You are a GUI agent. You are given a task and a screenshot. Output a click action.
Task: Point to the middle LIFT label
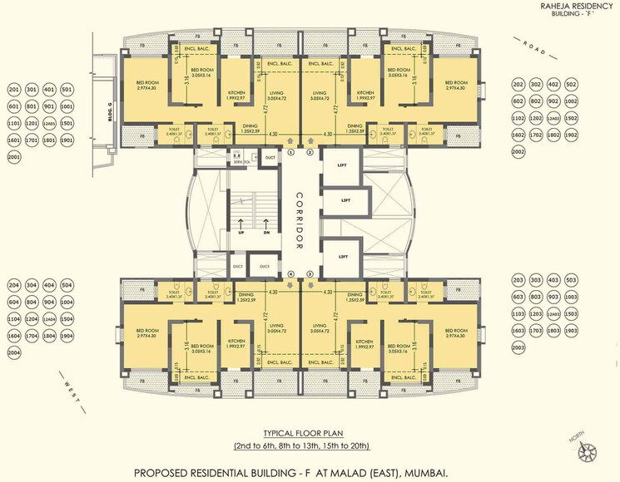344,200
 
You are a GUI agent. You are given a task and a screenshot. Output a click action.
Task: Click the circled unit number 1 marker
290,154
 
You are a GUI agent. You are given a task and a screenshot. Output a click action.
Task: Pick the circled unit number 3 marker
310,273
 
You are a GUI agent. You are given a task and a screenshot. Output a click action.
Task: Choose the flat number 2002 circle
519,151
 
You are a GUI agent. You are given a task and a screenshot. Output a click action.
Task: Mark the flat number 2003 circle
519,346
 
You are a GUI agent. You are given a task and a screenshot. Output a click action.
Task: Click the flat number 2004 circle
14,352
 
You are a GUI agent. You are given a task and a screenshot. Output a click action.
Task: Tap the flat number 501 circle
67,89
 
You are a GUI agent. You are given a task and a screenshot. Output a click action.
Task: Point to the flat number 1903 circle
572,331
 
